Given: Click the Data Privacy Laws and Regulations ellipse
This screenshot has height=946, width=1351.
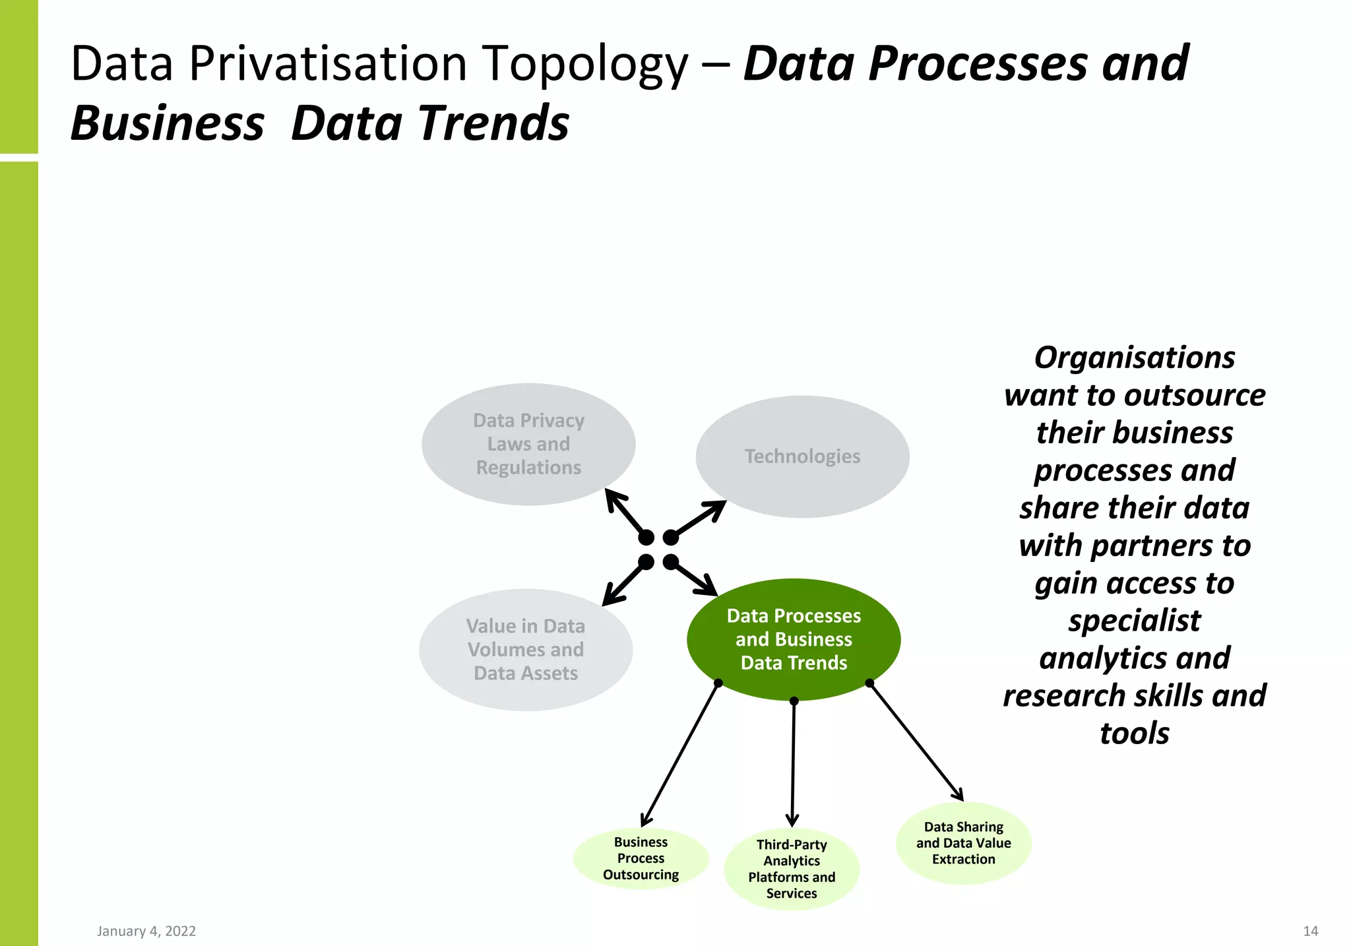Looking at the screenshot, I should pyautogui.click(x=528, y=444).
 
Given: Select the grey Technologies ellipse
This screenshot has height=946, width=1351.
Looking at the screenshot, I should pyautogui.click(x=802, y=457).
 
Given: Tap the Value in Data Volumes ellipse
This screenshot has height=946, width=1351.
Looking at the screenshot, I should pyautogui.click(x=526, y=650).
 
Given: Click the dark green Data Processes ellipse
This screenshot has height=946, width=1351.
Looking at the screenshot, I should pyautogui.click(x=794, y=639).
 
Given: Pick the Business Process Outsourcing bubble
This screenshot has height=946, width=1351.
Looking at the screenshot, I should pyautogui.click(x=641, y=858).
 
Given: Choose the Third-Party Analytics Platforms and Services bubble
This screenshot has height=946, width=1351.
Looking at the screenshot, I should pyautogui.click(x=792, y=869).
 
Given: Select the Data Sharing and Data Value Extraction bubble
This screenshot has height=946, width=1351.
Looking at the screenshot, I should pyautogui.click(x=963, y=843).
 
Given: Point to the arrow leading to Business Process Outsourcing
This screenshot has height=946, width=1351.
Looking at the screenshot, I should pyautogui.click(x=679, y=755).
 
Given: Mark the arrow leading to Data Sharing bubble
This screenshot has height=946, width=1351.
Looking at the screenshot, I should pyautogui.click(x=916, y=741).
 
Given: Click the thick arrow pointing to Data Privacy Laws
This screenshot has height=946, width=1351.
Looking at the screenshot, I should pyautogui.click(x=625, y=512).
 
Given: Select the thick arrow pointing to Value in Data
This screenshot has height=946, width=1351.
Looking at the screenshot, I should pyautogui.click(x=624, y=584).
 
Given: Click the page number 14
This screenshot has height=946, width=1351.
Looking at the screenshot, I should pyautogui.click(x=1310, y=931).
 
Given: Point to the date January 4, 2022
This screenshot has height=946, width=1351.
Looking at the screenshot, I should pyautogui.click(x=146, y=931).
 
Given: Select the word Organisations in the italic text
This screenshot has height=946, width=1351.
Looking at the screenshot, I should pyautogui.click(x=1134, y=358).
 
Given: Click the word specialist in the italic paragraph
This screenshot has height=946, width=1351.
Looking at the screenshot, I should pyautogui.click(x=1134, y=621).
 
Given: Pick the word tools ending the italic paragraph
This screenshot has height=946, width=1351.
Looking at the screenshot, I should pyautogui.click(x=1134, y=734).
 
